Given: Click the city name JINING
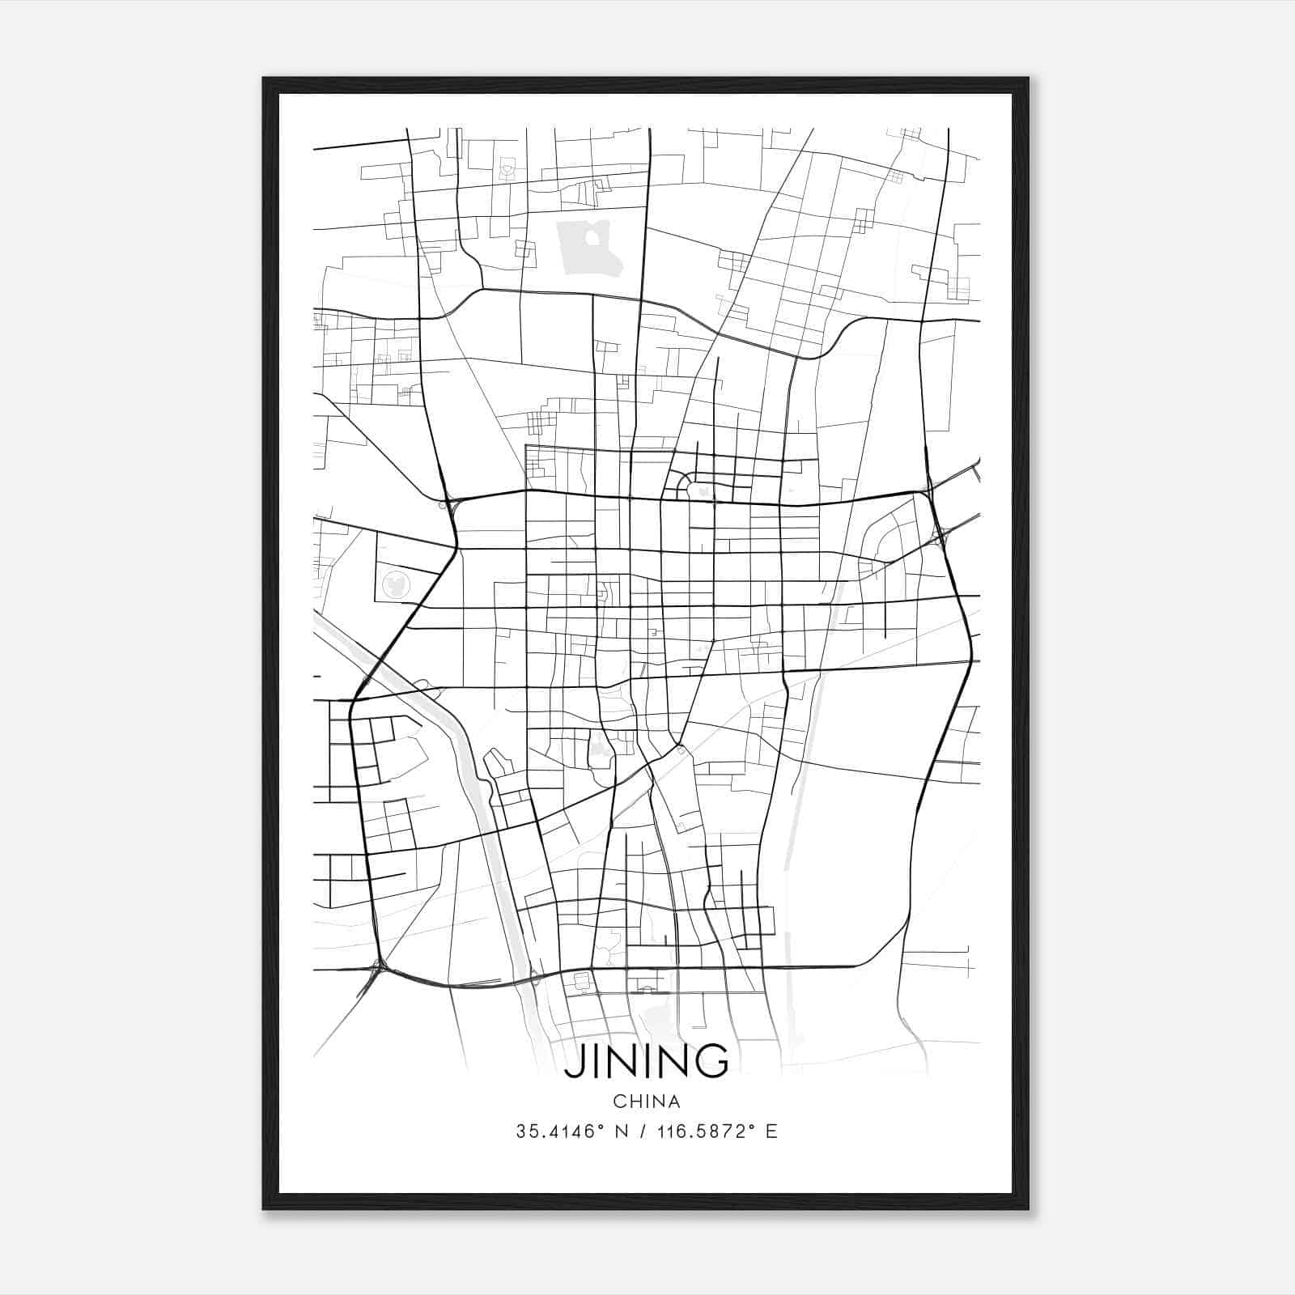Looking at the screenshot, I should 646,1062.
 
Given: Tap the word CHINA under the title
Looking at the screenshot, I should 646,1102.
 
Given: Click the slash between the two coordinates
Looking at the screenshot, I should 644,1132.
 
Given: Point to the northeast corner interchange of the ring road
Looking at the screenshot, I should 926,490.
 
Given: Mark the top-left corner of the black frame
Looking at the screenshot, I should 265,79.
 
